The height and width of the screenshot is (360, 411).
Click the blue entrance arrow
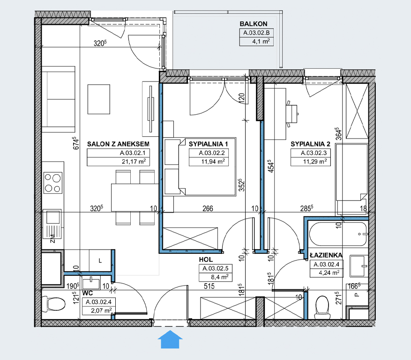click(x=170, y=339)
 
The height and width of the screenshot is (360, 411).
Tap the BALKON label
click(x=254, y=24)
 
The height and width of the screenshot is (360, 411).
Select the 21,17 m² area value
click(x=134, y=162)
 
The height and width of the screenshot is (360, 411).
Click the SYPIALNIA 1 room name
click(x=209, y=144)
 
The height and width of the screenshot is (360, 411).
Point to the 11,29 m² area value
click(x=315, y=162)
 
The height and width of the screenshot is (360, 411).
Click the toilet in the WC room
click(x=53, y=304)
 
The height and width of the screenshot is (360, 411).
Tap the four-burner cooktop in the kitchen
click(x=52, y=183)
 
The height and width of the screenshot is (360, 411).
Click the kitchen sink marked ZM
click(x=52, y=224)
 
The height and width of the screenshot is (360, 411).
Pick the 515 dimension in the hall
click(x=209, y=286)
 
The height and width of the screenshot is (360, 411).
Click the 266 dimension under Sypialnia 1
click(x=208, y=209)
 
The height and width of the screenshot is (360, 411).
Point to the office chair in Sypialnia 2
click(x=292, y=114)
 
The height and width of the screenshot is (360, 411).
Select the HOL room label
click(x=206, y=259)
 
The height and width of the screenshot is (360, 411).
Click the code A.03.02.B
click(x=256, y=33)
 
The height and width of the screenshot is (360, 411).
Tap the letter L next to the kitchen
click(x=100, y=261)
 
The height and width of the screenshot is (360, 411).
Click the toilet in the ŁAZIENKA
click(x=322, y=308)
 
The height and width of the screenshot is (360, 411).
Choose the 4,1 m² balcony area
click(x=261, y=41)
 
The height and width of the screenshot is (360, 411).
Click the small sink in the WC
click(x=91, y=283)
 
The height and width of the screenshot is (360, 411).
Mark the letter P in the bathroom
click(x=357, y=294)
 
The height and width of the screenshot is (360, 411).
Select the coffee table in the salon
click(x=99, y=99)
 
